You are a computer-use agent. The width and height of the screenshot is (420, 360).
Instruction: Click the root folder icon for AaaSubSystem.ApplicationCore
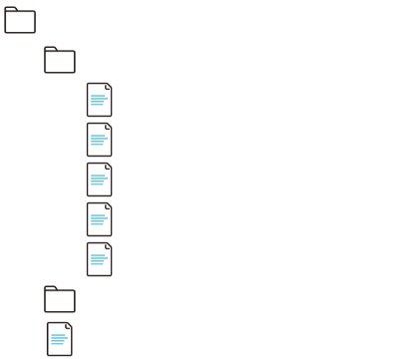[20, 22]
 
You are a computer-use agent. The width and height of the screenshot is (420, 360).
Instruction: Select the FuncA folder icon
[61, 63]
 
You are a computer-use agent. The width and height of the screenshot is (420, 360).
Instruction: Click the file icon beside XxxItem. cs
[101, 102]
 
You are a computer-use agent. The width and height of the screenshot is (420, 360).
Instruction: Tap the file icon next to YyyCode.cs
[101, 141]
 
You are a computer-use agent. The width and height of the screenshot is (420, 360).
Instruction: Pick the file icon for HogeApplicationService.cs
[101, 180]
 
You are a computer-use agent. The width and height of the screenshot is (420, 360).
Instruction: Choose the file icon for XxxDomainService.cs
[101, 220]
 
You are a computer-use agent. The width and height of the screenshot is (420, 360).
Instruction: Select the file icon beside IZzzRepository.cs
[101, 259]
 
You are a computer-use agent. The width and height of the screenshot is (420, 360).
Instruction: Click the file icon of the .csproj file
[61, 338]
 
